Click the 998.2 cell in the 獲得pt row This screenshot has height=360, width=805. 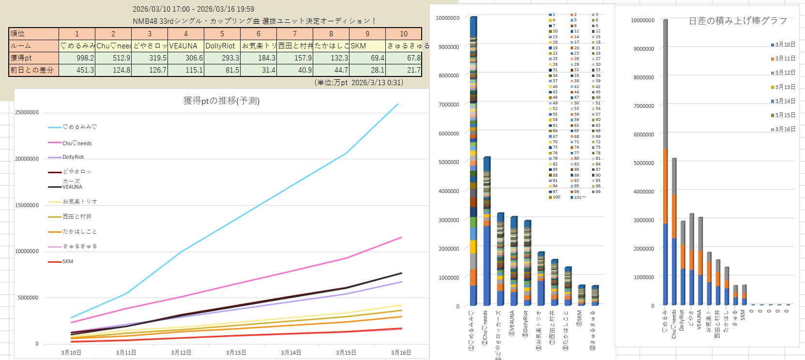point(77,58)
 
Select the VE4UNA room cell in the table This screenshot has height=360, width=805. point(186,46)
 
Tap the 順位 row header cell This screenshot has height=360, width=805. point(34,34)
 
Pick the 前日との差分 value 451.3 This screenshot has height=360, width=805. point(77,70)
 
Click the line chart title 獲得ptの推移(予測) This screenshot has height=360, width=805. point(221,101)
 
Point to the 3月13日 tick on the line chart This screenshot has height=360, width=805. point(236,353)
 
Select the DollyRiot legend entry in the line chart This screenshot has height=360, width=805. point(73,157)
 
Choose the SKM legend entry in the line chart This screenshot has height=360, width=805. point(68,262)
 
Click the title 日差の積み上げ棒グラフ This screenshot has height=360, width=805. point(738,21)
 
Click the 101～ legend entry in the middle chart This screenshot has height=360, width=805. point(579,197)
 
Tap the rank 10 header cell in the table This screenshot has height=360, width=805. point(404,34)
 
